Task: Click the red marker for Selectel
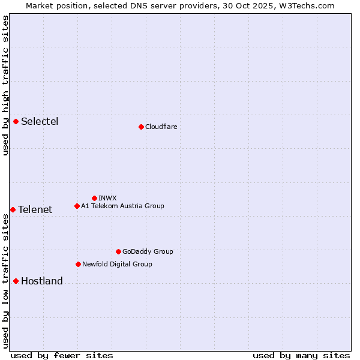(16, 121)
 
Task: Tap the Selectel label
(40, 122)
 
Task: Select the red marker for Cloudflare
(141, 127)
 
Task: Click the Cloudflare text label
(161, 127)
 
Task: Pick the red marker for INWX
(94, 198)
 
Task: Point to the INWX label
(107, 198)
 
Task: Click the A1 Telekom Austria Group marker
(77, 206)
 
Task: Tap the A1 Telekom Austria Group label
(122, 206)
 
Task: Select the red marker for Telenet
(13, 209)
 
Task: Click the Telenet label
(35, 210)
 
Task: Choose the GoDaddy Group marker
(118, 251)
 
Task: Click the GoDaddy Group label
(148, 252)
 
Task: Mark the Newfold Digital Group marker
(78, 264)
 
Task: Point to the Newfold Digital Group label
(117, 265)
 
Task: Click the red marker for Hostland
(16, 281)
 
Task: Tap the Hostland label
(41, 281)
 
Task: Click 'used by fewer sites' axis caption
(62, 356)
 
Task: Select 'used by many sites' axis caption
(301, 356)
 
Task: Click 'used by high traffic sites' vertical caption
(5, 85)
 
